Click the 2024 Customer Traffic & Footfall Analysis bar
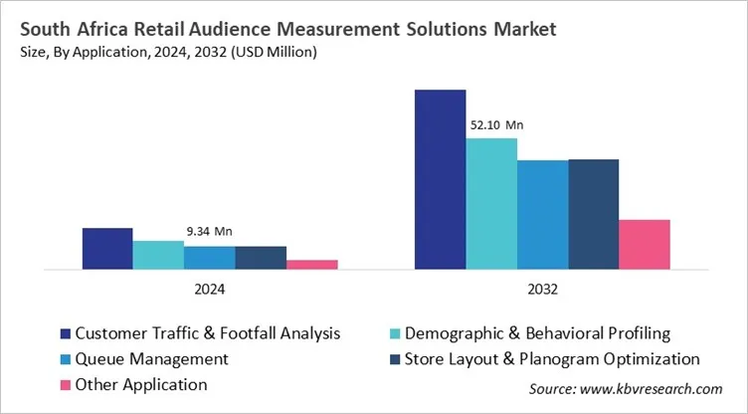point(107,249)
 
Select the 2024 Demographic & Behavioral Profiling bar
point(158,255)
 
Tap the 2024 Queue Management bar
point(210,258)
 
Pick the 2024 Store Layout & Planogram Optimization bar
point(261,258)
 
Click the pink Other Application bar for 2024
point(312,265)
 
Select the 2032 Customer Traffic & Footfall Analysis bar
point(440,179)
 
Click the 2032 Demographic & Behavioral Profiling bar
point(491,203)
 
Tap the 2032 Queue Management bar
point(542,214)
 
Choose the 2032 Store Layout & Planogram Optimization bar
point(594,214)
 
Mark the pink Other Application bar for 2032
point(645,244)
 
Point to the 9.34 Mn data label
point(209,232)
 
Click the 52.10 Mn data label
point(495,125)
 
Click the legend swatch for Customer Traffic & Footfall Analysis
point(66,333)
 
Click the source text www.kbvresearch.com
point(654,390)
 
